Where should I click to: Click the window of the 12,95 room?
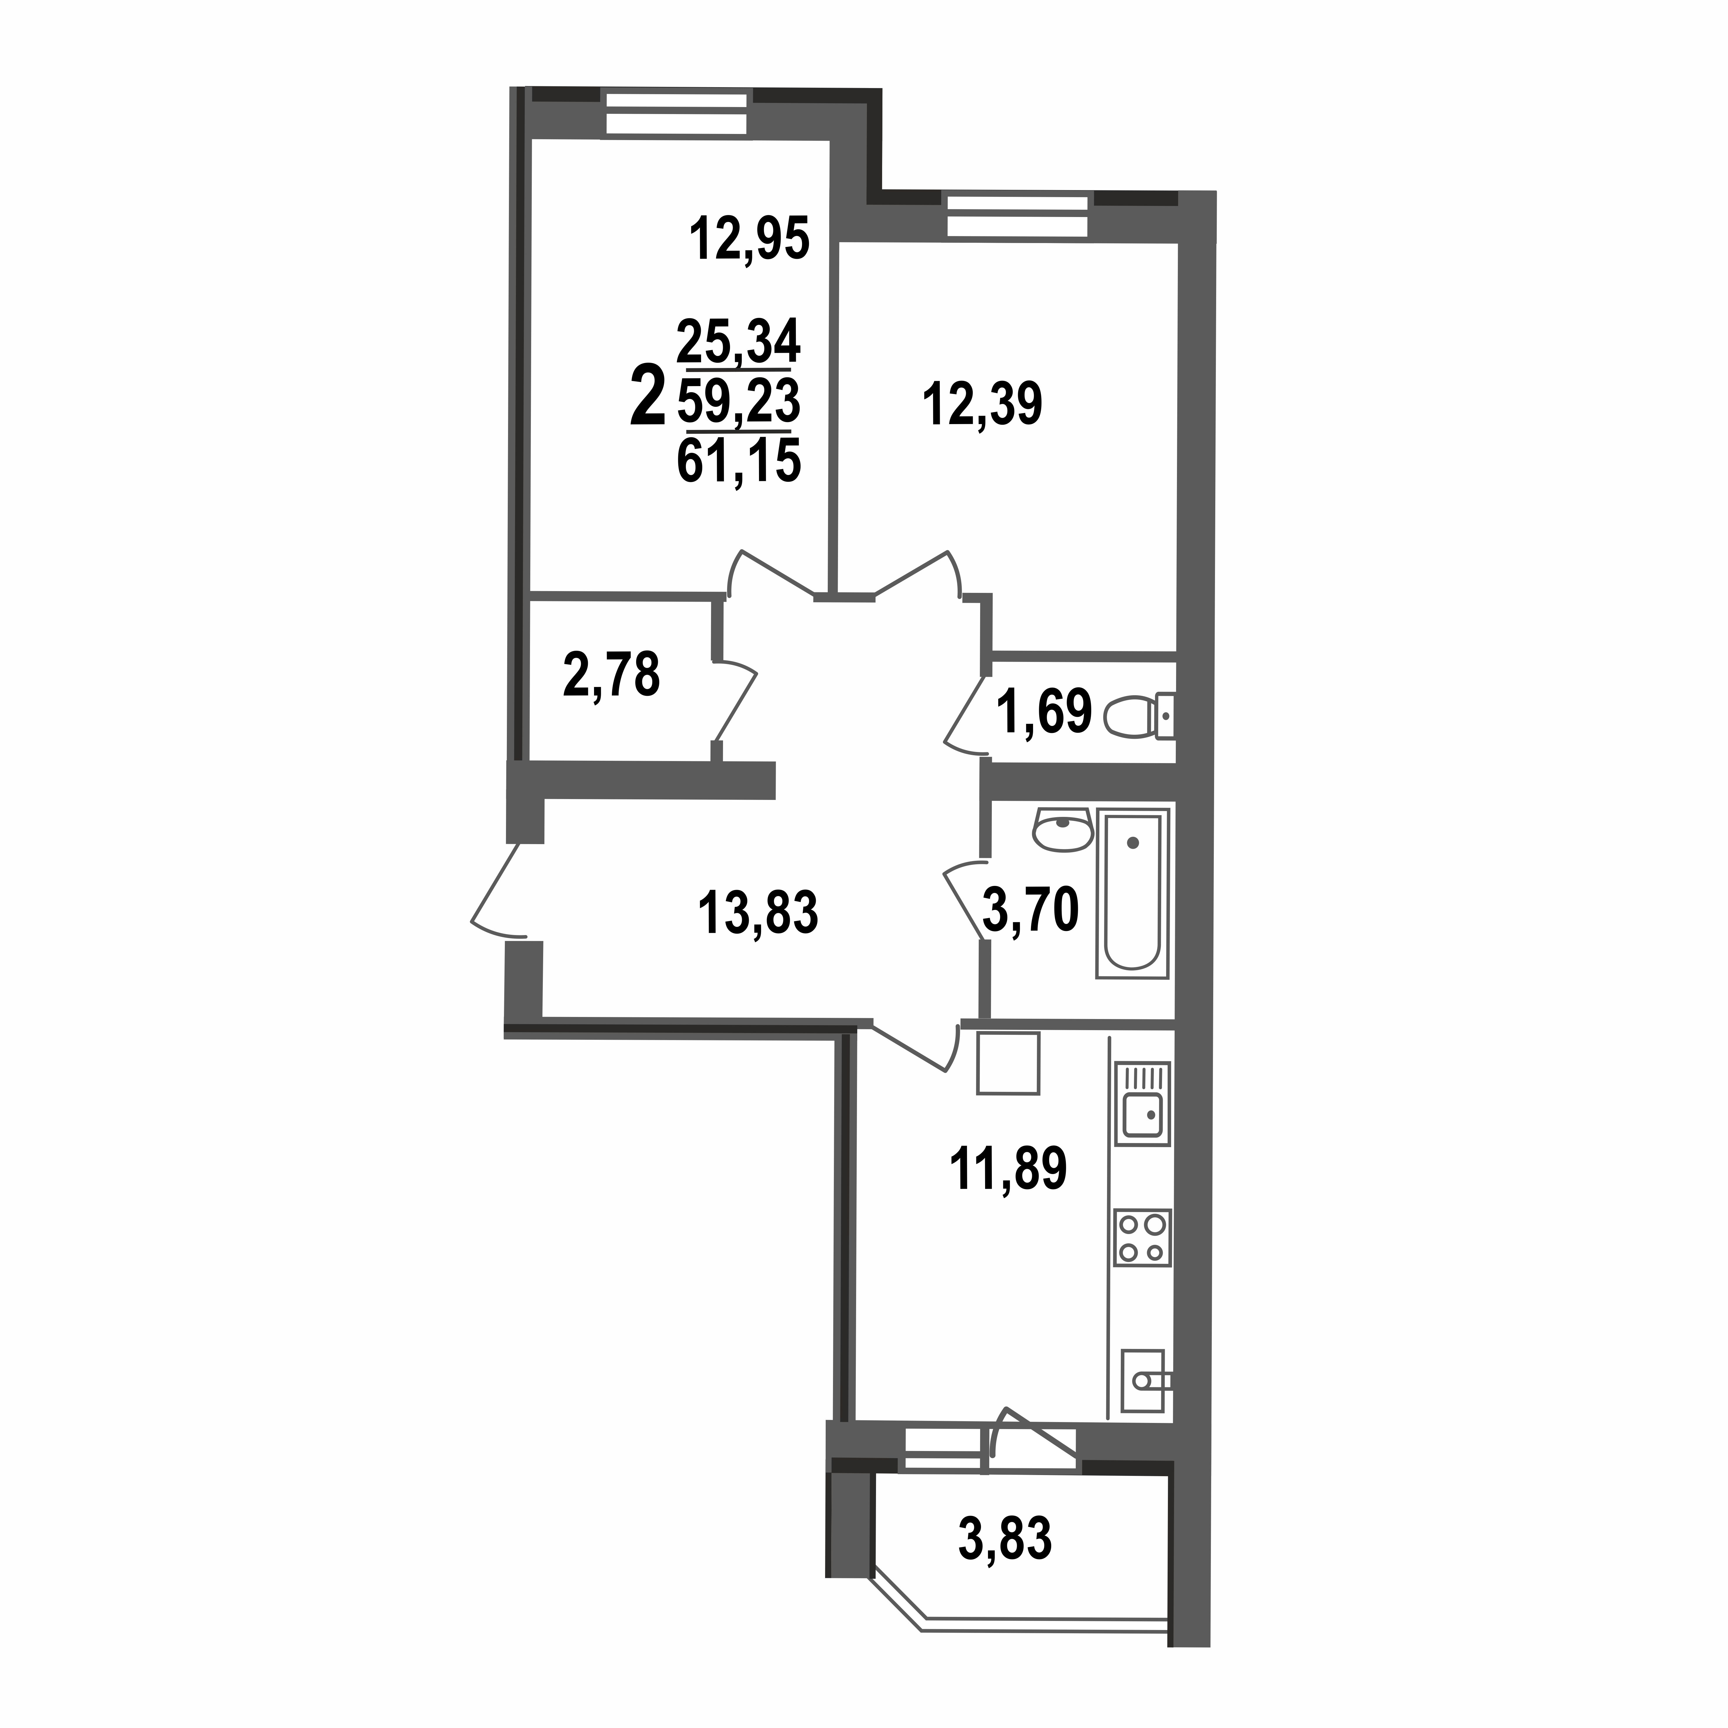pyautogui.click(x=675, y=113)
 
